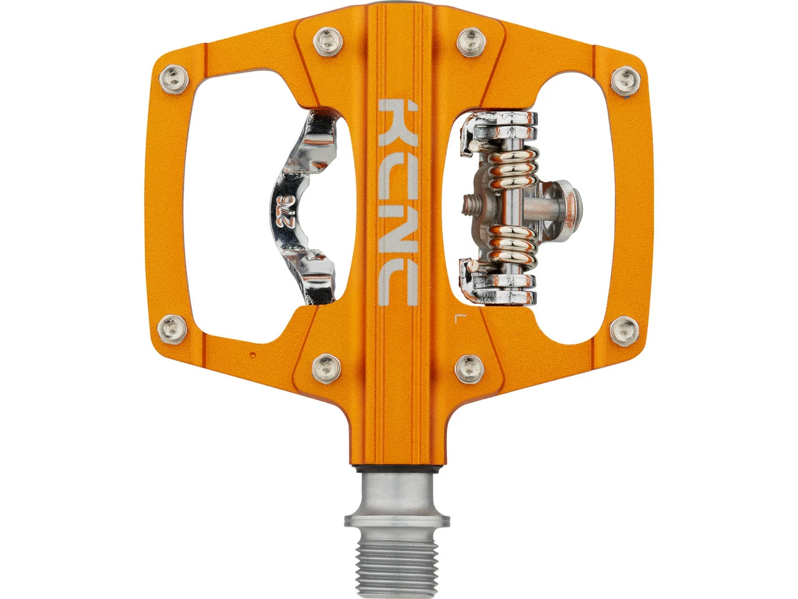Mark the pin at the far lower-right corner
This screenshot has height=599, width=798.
(624, 326)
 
